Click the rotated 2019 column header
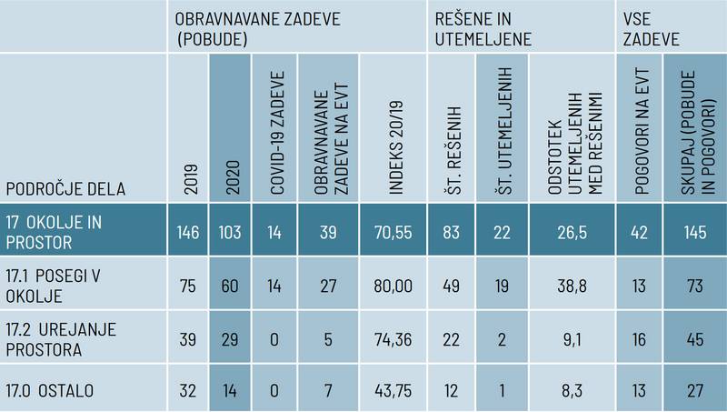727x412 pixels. coord(189,182)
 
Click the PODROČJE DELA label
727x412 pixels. coord(65,188)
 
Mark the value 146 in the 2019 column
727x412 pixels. coord(188,232)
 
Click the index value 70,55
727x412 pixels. coord(393,232)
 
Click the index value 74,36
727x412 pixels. coord(393,338)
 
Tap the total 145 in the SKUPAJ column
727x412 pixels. coord(694,232)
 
